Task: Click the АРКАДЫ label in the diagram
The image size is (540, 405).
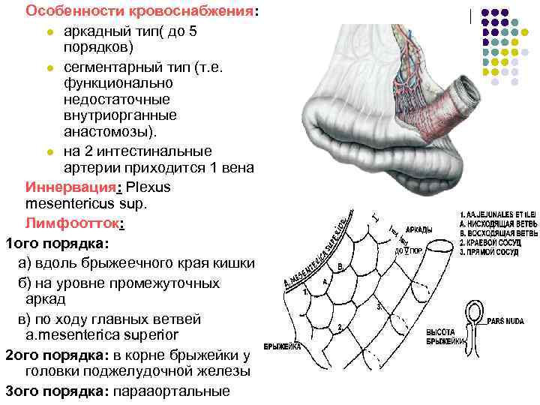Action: pos(418,229)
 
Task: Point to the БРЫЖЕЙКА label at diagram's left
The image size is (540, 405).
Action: pos(283,346)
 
